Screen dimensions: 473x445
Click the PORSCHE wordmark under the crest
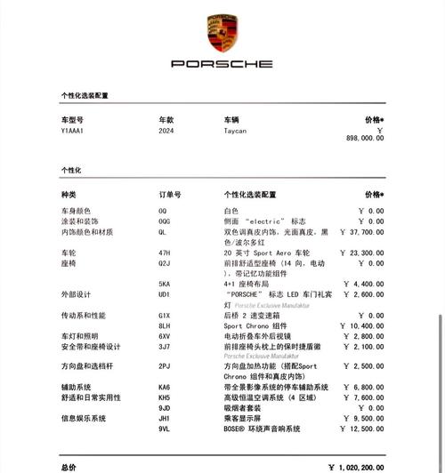click(222, 64)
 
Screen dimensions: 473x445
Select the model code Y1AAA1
click(72, 130)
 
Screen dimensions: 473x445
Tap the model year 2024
click(166, 130)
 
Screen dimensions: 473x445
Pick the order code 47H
click(165, 253)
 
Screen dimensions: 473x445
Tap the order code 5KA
click(165, 284)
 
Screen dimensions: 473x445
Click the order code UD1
click(165, 294)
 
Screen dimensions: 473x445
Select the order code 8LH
click(165, 326)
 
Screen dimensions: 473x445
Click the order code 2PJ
click(165, 366)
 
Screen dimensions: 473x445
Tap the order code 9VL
click(165, 429)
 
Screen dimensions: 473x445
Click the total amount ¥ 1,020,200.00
click(355, 466)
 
